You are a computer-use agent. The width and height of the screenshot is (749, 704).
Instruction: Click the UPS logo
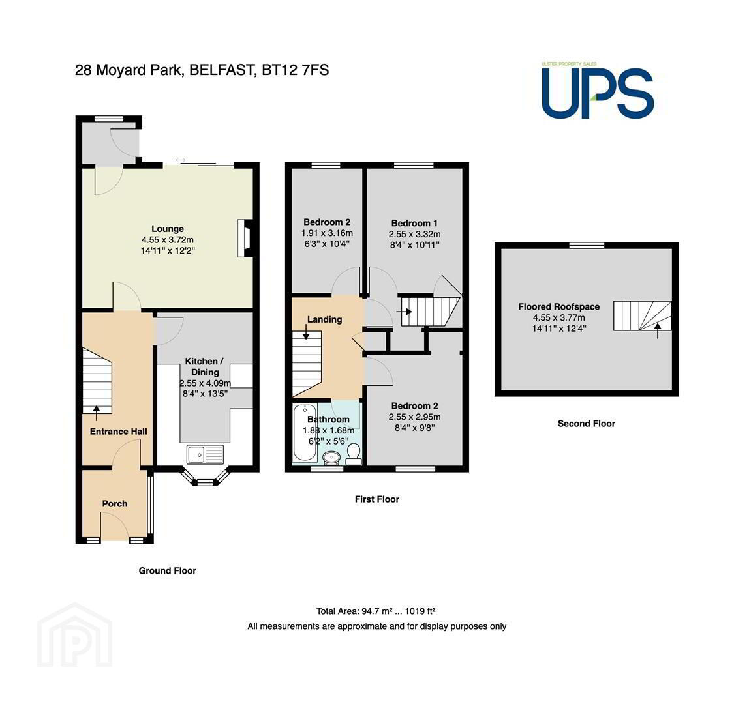(597, 91)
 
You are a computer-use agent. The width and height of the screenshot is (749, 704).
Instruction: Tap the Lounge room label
(168, 229)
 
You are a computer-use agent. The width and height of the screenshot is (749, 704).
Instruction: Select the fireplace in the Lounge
(245, 238)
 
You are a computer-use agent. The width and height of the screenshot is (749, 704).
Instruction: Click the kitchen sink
(206, 454)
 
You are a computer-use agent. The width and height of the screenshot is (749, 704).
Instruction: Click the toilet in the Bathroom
(354, 454)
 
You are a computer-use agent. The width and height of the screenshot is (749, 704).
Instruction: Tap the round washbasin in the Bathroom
(331, 458)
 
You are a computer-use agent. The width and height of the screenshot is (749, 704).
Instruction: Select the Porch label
(115, 503)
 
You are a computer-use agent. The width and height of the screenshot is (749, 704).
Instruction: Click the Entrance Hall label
(119, 432)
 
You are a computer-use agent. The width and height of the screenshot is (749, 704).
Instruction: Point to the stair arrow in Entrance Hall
(97, 413)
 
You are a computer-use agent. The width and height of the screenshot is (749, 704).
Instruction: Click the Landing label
(325, 319)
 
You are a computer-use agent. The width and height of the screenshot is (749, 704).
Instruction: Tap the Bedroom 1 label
(414, 223)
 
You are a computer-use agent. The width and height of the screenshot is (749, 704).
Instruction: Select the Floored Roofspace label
(559, 307)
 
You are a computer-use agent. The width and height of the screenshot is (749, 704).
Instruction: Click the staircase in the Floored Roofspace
(643, 315)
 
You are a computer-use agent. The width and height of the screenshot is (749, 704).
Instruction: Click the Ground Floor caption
(167, 571)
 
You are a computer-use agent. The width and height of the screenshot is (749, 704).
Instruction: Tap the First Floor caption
(377, 499)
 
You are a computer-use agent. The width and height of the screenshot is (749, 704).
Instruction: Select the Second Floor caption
(587, 423)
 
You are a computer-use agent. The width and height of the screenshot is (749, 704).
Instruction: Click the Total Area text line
(375, 611)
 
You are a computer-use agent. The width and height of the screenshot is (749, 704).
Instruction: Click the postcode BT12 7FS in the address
(295, 70)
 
